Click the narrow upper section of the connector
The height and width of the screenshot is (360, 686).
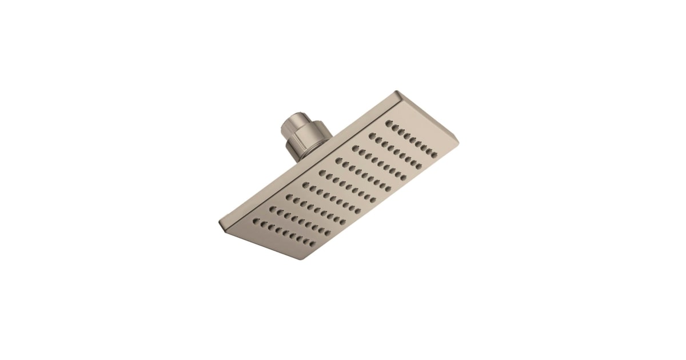pyautogui.click(x=290, y=125)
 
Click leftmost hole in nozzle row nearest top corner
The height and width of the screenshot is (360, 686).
pyautogui.click(x=389, y=122)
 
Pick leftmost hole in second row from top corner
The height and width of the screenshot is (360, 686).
pyautogui.click(x=372, y=135)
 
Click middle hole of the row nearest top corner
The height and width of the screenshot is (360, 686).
pyautogui.click(x=414, y=138)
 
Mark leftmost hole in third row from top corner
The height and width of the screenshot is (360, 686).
pyautogui.click(x=355, y=147)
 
